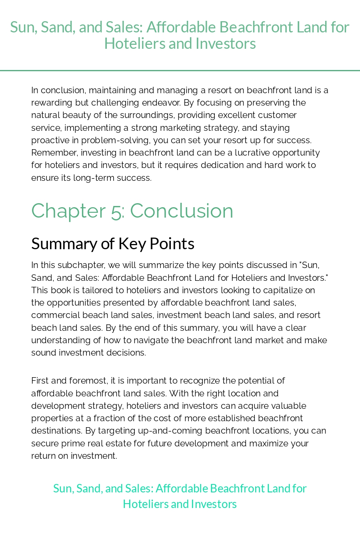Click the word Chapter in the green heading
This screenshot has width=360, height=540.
point(68,211)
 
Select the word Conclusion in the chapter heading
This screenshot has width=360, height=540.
point(182,211)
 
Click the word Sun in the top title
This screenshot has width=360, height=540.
point(22,27)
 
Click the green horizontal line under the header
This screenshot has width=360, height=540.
point(180,71)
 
